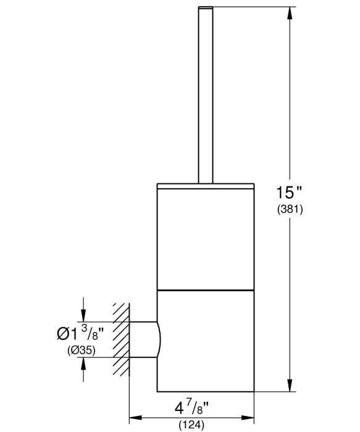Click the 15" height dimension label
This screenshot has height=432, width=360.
[289, 193]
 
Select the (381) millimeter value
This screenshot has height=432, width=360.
[290, 210]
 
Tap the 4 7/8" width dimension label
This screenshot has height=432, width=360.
[191, 409]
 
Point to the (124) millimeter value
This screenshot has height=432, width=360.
[191, 425]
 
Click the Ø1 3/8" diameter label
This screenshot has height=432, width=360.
[80, 333]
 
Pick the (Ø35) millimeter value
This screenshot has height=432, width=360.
[82, 351]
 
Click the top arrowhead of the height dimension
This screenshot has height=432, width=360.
[290, 13]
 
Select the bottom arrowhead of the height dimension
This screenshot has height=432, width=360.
[290, 385]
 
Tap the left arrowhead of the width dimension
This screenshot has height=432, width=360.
[136, 418]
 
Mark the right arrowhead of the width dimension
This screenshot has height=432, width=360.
[248, 418]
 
